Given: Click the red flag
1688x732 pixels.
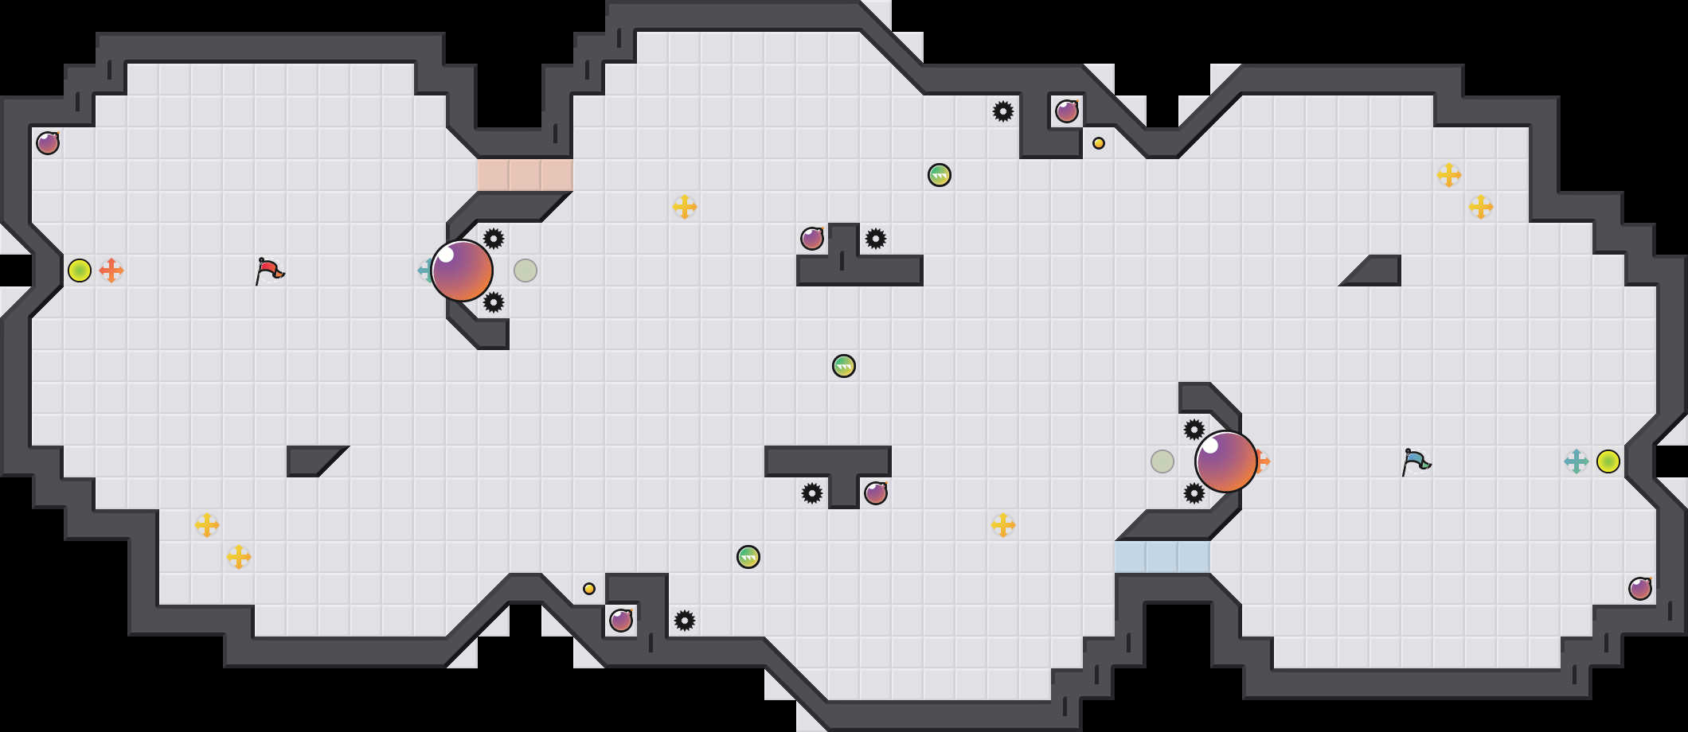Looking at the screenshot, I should (270, 271).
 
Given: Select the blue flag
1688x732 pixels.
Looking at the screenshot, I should (1416, 461).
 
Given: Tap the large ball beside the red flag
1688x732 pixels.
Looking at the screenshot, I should (462, 271).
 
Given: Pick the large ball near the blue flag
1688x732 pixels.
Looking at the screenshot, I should (1226, 461).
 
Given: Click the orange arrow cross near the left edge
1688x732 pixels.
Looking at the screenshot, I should (111, 271).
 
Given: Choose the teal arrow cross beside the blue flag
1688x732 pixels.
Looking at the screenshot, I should (1577, 461).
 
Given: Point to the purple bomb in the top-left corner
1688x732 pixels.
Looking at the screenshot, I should (48, 143).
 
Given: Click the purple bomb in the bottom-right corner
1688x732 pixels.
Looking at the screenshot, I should (1640, 589).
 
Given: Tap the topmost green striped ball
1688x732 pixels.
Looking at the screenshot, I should (940, 175).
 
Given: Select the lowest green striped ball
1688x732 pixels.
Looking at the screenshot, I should (748, 557).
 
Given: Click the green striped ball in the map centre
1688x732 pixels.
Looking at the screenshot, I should (844, 366).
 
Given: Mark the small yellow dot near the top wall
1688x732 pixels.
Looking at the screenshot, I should (1099, 143).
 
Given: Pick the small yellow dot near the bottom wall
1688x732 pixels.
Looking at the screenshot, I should (589, 589).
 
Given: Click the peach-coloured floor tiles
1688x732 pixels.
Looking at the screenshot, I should (525, 175).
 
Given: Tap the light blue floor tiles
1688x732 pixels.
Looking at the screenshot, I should (1162, 557).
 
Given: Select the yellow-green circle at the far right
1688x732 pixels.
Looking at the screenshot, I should (1608, 461).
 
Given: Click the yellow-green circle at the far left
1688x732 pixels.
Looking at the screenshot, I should (80, 271).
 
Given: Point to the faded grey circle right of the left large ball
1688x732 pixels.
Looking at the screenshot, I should (526, 271).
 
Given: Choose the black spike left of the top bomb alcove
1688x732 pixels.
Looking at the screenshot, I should (1003, 111).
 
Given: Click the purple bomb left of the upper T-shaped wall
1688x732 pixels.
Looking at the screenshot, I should (812, 239).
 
